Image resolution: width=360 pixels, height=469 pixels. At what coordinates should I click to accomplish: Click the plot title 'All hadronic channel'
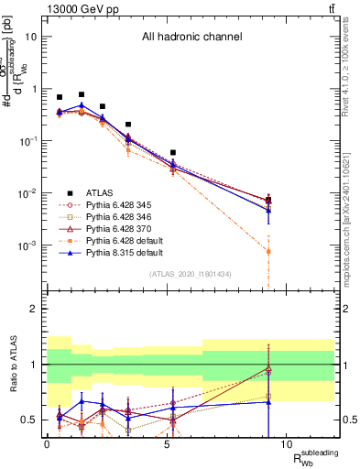point(191,38)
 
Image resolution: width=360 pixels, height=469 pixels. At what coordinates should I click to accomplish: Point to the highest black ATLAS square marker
point(82,94)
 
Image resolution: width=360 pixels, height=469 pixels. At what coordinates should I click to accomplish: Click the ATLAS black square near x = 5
point(172,153)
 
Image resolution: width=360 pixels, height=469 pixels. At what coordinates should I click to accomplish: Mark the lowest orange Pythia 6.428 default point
point(268,251)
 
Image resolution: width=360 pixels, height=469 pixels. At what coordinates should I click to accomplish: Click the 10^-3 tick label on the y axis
point(30,245)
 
